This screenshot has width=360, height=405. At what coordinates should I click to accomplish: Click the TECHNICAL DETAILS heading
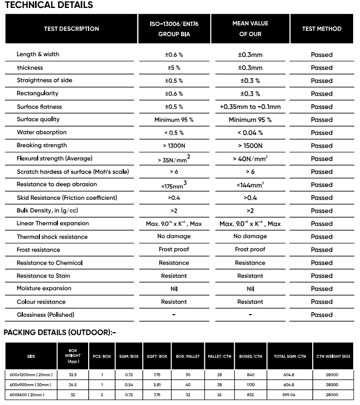click(x=48, y=5)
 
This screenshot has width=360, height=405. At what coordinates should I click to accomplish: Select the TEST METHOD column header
click(x=321, y=29)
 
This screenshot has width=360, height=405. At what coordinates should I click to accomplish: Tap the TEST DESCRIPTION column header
click(x=71, y=29)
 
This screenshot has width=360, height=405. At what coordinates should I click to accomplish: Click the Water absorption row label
click(x=42, y=132)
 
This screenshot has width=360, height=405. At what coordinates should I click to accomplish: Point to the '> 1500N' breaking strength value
click(x=250, y=146)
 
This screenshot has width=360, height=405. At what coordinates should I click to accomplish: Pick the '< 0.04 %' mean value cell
click(x=250, y=132)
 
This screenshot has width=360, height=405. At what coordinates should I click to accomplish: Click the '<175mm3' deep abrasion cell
click(x=174, y=185)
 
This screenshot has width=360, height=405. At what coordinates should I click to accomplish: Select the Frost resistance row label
click(x=39, y=250)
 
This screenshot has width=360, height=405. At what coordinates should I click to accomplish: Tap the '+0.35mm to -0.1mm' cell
click(x=250, y=107)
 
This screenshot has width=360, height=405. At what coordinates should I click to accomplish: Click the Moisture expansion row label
click(x=44, y=289)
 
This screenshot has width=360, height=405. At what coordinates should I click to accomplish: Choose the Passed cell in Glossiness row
click(x=321, y=315)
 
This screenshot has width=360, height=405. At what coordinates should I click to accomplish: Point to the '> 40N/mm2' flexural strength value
click(x=250, y=158)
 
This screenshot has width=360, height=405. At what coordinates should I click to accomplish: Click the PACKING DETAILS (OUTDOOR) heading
click(x=59, y=333)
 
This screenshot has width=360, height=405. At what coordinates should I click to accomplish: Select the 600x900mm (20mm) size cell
click(x=30, y=384)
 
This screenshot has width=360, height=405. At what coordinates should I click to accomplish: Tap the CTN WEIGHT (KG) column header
click(x=333, y=356)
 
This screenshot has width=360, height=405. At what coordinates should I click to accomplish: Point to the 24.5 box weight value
click(x=73, y=384)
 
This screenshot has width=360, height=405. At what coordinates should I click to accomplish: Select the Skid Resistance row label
click(x=67, y=198)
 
